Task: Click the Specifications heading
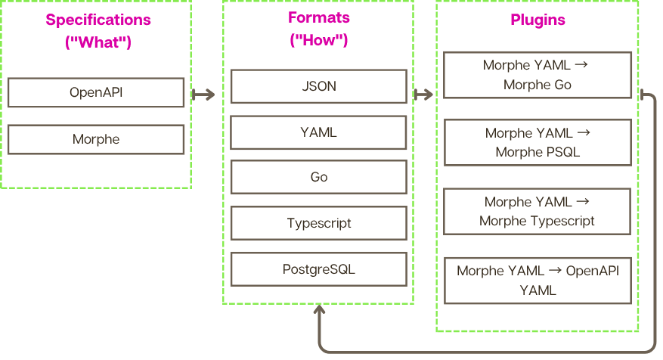(98, 20)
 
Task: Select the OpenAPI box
(96, 93)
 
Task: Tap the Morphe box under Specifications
(96, 139)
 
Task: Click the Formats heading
(318, 18)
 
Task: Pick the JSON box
(318, 86)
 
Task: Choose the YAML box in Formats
(318, 132)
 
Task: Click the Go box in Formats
(318, 178)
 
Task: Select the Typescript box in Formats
(318, 224)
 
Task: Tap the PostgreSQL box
(318, 269)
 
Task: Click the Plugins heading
(537, 20)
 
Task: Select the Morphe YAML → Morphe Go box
(537, 75)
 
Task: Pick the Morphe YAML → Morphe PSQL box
(537, 142)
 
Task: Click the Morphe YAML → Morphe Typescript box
(537, 211)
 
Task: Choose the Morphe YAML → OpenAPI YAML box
(537, 280)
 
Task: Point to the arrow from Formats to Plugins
(424, 95)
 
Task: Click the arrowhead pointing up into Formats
(319, 311)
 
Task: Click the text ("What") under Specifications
(98, 43)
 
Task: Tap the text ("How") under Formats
(318, 41)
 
